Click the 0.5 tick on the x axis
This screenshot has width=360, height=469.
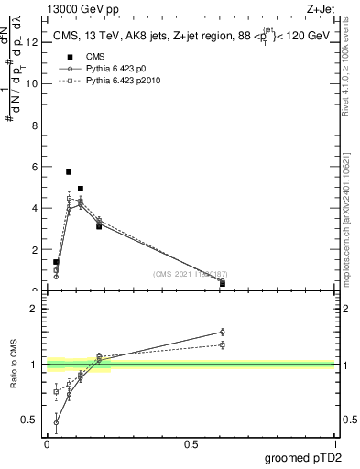pos(191,444)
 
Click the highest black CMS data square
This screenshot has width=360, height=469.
pos(69,171)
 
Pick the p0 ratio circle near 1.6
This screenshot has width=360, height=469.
pos(222,332)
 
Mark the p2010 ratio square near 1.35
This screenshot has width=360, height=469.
pos(222,344)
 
